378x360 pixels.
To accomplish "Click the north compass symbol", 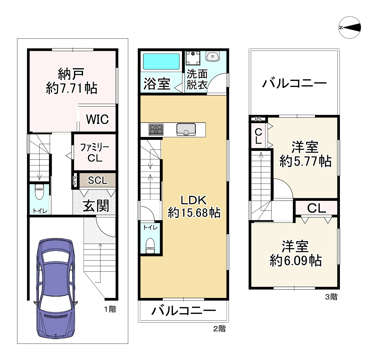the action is click(x=350, y=28).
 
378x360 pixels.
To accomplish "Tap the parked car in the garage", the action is click(x=56, y=288).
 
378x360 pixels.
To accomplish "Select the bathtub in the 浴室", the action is click(x=161, y=61).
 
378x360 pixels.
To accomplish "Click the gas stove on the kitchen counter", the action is click(x=156, y=130).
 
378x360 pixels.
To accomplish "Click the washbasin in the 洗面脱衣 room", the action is click(x=213, y=56).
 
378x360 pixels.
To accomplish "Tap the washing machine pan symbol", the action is click(x=193, y=58).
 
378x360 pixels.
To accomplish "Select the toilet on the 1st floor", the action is click(x=39, y=192).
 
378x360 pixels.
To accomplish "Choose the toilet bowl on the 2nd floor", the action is click(x=150, y=246).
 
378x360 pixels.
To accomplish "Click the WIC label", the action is click(x=97, y=119).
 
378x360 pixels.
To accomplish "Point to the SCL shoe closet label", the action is click(x=98, y=180).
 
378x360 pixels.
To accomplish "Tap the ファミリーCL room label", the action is click(x=95, y=153).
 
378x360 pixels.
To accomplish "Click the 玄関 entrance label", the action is click(x=96, y=206).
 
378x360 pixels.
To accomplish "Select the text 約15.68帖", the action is click(x=194, y=213).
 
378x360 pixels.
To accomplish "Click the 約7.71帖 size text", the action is click(x=72, y=88).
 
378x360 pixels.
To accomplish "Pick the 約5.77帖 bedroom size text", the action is click(x=305, y=161).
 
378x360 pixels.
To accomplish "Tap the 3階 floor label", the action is click(x=331, y=297).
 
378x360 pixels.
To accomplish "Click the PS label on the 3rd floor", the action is click(x=258, y=119).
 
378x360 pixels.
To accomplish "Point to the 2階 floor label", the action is click(x=219, y=329).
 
